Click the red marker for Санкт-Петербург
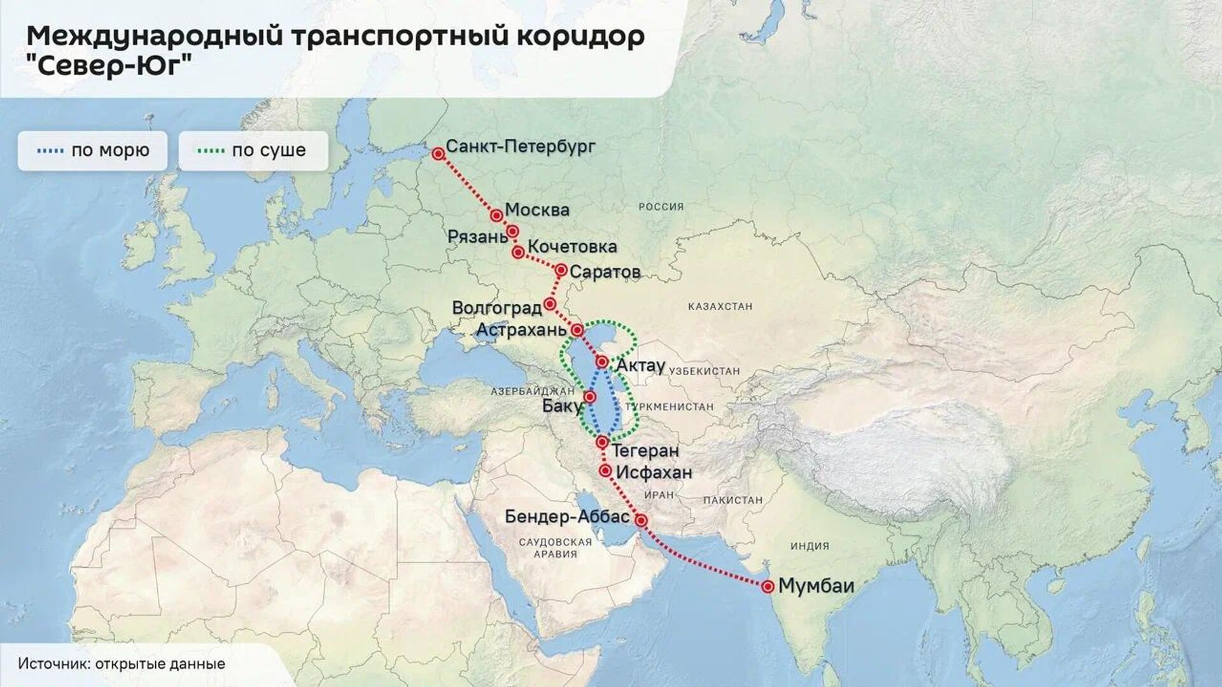(x=438, y=153)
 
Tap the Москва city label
(x=537, y=210)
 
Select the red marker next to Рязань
(x=512, y=231)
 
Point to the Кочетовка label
(x=572, y=246)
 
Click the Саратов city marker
(x=561, y=270)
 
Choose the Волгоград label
(x=496, y=308)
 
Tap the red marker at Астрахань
(x=577, y=330)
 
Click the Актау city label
(x=640, y=365)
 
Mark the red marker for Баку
(x=590, y=397)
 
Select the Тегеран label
(x=645, y=451)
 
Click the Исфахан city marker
(x=605, y=471)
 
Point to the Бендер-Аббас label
(x=567, y=516)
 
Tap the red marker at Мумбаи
(x=768, y=586)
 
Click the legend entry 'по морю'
(x=93, y=151)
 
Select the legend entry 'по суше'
(x=253, y=151)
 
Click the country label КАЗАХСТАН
(x=720, y=306)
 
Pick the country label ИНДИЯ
(x=810, y=546)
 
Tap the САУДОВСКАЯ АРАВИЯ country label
(x=555, y=548)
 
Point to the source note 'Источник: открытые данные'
(x=122, y=663)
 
